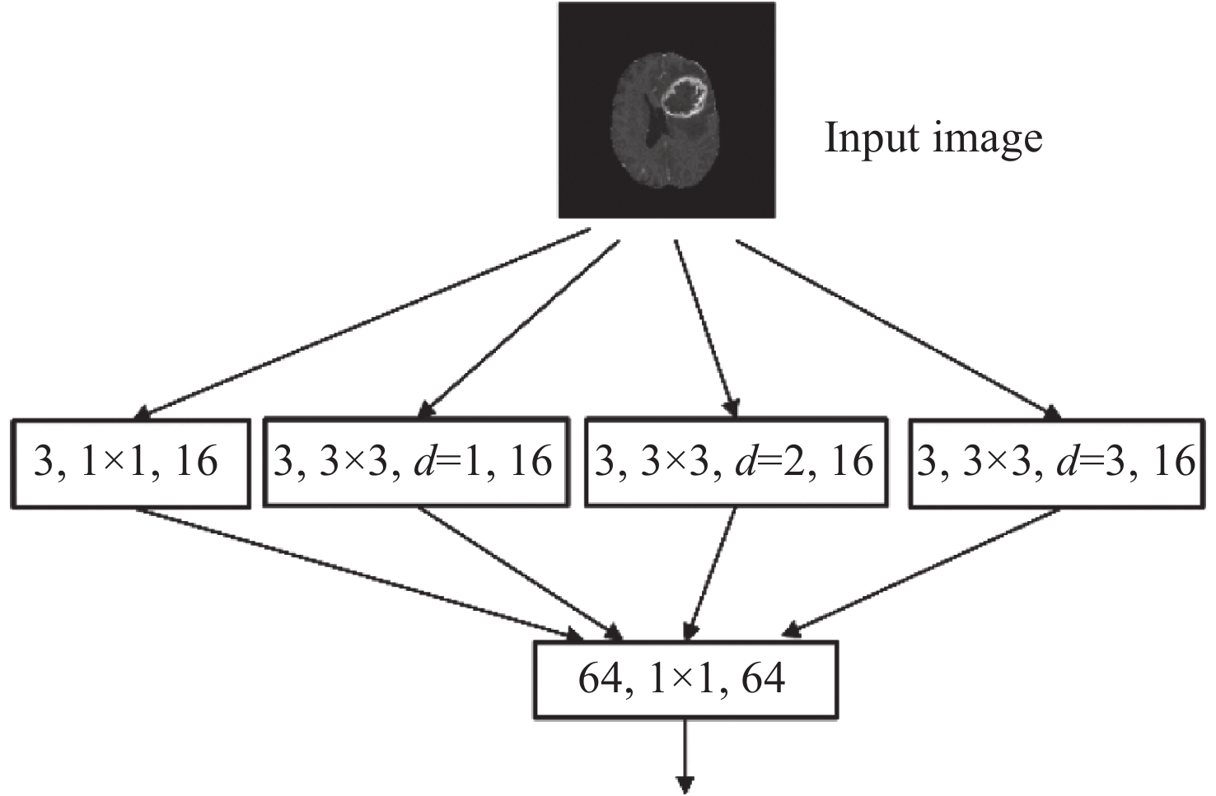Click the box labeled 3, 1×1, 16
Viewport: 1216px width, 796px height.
(130, 463)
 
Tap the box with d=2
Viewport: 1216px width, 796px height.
(736, 463)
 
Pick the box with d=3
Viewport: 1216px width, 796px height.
(1057, 463)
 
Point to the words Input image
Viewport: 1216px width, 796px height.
(933, 138)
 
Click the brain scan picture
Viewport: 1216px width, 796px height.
(666, 110)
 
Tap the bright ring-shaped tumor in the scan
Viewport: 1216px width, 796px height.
(683, 96)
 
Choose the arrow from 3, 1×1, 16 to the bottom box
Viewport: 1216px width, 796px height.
(354, 573)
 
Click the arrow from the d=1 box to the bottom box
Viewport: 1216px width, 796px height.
(519, 573)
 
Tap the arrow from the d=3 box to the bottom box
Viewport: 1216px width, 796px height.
(923, 573)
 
